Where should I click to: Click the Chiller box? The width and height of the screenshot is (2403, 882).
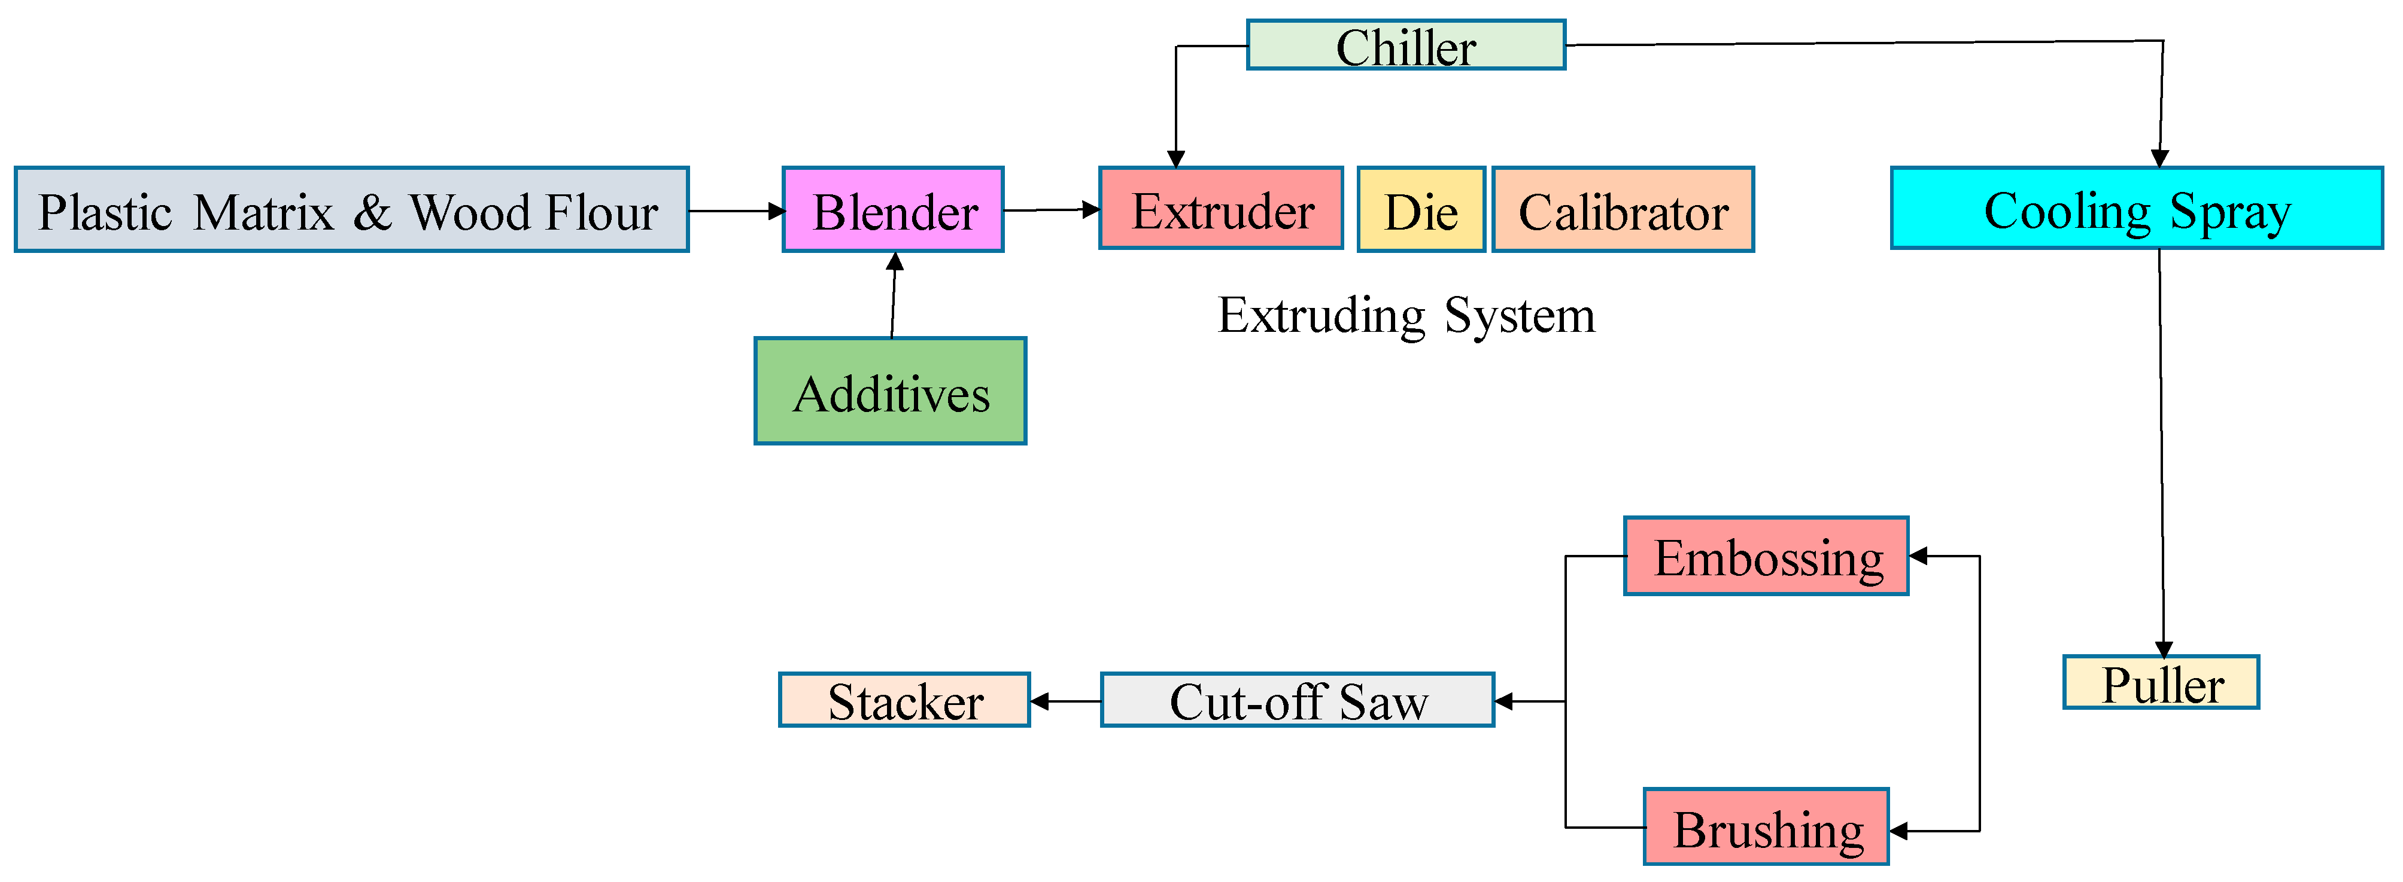tap(1406, 45)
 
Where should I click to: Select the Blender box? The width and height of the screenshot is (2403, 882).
tap(893, 210)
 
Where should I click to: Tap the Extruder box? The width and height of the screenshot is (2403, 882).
tap(1221, 209)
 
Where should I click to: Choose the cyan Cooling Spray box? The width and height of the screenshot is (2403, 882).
tap(2136, 208)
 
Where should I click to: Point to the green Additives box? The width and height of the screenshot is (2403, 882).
tap(890, 392)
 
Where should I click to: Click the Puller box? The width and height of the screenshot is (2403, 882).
tap(2161, 683)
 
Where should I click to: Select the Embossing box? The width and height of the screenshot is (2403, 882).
tap(1766, 557)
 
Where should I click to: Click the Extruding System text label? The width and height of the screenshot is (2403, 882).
tap(1406, 315)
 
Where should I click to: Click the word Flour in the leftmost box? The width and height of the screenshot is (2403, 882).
tap(601, 212)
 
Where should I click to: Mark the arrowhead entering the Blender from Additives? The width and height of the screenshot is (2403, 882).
tap(895, 262)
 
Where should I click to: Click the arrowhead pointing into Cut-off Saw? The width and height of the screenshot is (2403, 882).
tap(1503, 701)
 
